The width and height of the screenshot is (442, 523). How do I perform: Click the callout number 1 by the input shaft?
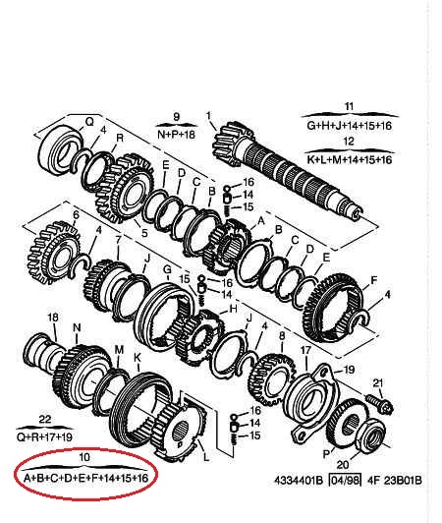click(x=208, y=116)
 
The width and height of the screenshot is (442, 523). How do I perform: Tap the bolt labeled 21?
click(x=380, y=402)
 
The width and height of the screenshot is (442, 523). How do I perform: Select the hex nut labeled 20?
click(x=370, y=438)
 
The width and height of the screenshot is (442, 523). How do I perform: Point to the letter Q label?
click(x=90, y=122)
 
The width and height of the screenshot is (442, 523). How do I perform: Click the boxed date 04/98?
click(x=345, y=481)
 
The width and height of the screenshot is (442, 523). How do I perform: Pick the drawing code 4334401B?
click(x=299, y=481)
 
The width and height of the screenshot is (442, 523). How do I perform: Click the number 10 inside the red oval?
click(x=84, y=456)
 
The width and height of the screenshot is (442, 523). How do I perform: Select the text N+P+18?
click(x=176, y=135)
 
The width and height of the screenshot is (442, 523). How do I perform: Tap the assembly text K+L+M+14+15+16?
click(x=350, y=160)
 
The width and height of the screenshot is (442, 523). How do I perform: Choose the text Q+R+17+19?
click(x=44, y=436)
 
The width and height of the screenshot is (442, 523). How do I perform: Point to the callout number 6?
click(x=77, y=214)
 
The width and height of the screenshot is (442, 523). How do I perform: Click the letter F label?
click(x=374, y=280)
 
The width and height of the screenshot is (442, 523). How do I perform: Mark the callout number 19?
click(x=349, y=370)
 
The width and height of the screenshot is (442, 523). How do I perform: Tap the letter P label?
click(x=326, y=453)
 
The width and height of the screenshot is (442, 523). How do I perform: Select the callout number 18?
click(x=53, y=318)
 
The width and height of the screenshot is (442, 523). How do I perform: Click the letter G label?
click(x=167, y=269)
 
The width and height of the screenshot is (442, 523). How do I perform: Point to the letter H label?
click(x=233, y=309)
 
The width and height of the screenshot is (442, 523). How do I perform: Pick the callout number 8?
click(x=282, y=335)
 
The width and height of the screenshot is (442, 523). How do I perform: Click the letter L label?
click(x=206, y=456)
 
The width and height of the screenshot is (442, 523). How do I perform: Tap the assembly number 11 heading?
click(x=349, y=107)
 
